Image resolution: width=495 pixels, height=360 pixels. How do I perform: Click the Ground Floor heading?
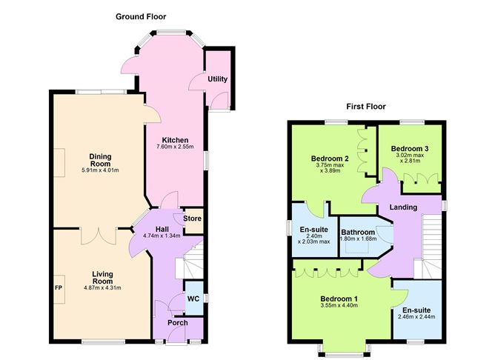[x=142, y=16]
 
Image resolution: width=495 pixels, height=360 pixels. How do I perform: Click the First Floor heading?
[x=367, y=107]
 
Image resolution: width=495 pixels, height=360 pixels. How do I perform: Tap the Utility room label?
[x=218, y=79]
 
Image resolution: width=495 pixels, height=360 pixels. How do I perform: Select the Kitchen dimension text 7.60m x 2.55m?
[x=175, y=147]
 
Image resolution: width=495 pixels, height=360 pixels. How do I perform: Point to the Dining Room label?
[x=100, y=159]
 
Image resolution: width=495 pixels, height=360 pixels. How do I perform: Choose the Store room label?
[x=193, y=219]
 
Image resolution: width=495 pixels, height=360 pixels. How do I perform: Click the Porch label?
[x=177, y=323]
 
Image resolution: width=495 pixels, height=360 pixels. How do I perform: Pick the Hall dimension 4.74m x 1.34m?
[x=162, y=236]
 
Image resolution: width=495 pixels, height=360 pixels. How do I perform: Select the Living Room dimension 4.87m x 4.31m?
[x=101, y=287]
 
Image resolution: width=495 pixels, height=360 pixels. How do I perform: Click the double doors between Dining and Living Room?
[x=97, y=235]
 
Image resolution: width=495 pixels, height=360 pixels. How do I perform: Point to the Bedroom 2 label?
[x=330, y=159]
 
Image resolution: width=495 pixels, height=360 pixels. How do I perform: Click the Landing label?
[x=403, y=207]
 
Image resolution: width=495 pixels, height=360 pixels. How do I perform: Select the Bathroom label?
[x=358, y=232]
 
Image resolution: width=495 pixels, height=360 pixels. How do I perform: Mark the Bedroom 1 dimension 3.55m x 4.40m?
[x=339, y=304]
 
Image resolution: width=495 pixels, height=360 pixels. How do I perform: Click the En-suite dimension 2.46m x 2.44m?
[x=416, y=316]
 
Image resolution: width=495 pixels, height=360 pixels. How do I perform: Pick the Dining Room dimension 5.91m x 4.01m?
[x=100, y=170]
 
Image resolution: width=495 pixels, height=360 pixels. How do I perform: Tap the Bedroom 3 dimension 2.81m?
[x=411, y=163]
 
